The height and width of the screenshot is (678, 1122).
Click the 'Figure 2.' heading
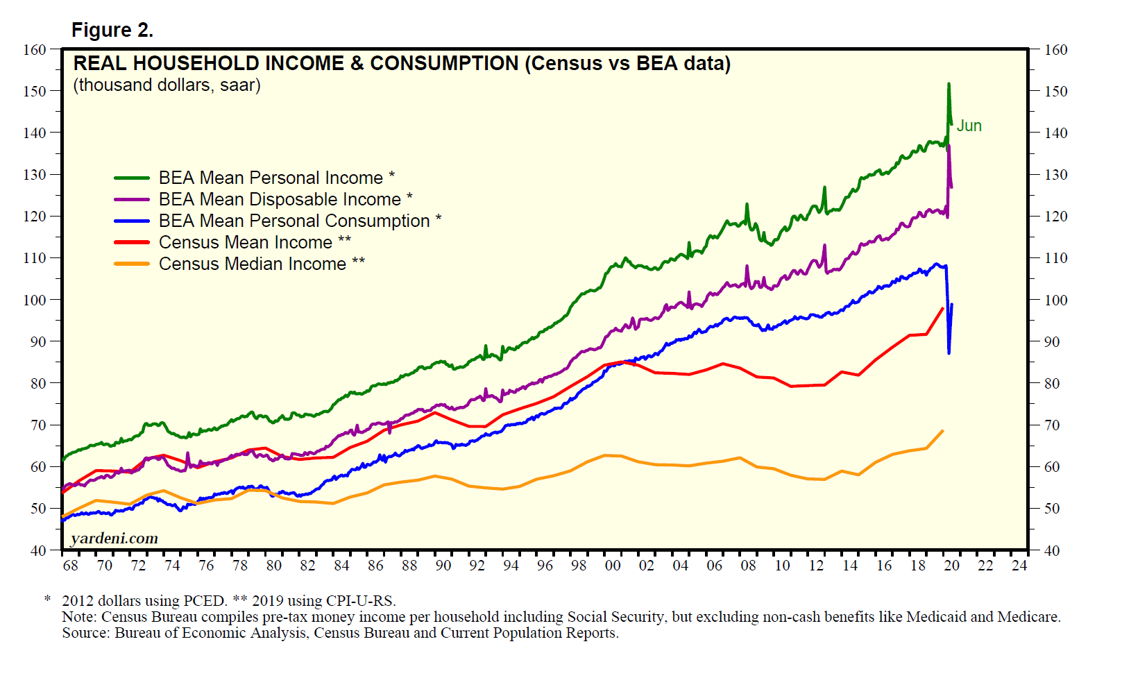point(112,31)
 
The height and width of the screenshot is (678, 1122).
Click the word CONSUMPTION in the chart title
point(444,64)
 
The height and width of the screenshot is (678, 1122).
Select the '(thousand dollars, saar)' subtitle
point(167,85)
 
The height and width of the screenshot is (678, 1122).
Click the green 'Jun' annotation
point(969,126)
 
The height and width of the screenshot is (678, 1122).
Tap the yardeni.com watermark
point(114,539)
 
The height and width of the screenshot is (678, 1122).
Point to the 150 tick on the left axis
point(34,92)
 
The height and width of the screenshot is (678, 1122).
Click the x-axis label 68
point(70,566)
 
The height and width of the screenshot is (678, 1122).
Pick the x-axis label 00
point(613,566)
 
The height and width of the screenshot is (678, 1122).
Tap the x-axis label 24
point(1019,566)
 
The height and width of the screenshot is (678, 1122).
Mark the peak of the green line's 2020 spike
point(949,84)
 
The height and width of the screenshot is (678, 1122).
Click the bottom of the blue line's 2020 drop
point(949,353)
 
